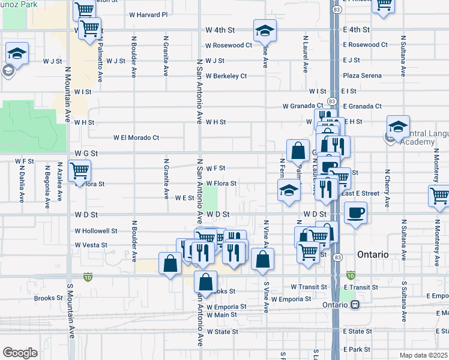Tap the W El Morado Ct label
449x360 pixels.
click(136, 137)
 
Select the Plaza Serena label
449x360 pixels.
click(362, 76)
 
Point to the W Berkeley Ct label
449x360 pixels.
click(226, 76)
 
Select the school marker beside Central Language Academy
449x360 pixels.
click(397, 126)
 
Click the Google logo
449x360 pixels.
click(19, 353)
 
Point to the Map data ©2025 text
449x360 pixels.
click(423, 355)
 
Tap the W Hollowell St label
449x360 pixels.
click(96, 230)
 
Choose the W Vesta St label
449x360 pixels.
click(91, 245)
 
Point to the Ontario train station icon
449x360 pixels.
click(355, 304)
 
